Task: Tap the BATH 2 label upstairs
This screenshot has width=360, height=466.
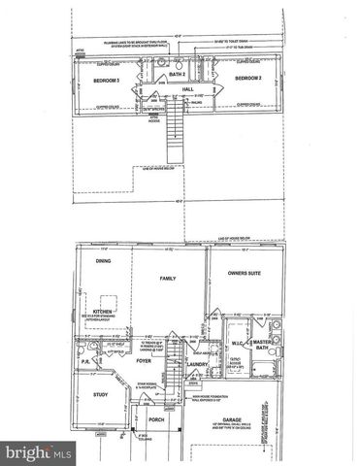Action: [x=178, y=75]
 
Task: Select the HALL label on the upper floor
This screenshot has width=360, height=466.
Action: [x=188, y=89]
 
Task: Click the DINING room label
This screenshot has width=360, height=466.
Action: [x=102, y=260]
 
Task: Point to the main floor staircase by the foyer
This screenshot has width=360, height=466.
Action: [x=169, y=369]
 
